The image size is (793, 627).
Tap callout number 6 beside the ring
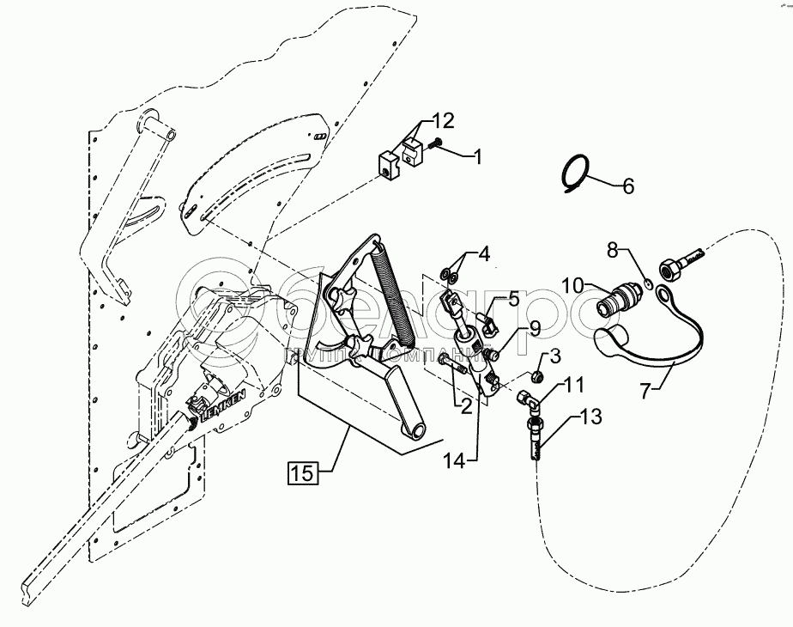point(628,185)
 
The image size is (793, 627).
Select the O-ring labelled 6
point(576,173)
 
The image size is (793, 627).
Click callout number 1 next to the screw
point(477,156)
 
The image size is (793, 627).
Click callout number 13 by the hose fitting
point(591,417)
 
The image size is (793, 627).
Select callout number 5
point(513,299)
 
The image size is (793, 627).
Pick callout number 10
point(573,283)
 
